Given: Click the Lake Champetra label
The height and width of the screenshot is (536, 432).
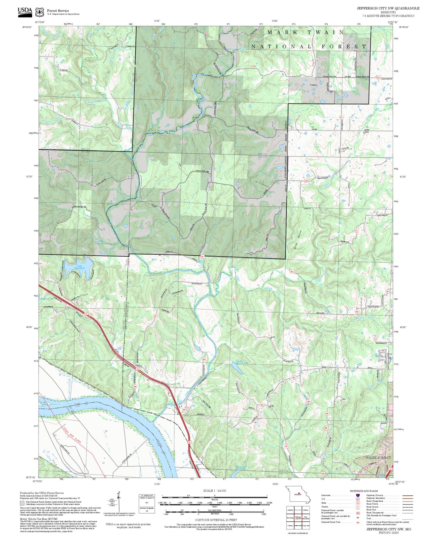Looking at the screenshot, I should (81, 267).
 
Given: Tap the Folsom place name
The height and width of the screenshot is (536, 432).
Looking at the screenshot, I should (313, 85).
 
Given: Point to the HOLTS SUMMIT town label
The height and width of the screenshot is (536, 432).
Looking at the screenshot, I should (378, 458).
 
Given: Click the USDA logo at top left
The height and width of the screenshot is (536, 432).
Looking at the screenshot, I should (25, 11).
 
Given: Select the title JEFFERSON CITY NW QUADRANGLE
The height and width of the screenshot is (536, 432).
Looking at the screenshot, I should (388, 8).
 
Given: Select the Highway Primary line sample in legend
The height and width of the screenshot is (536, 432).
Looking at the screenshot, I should (408, 495).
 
